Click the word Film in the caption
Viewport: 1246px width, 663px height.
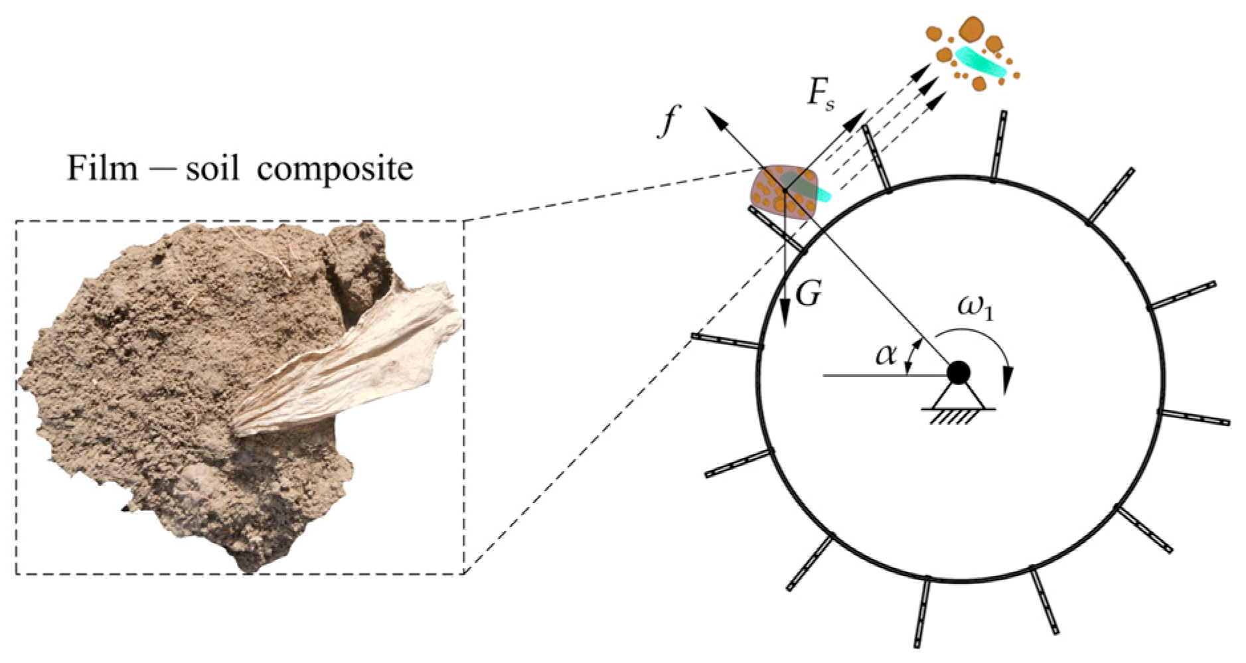click(103, 169)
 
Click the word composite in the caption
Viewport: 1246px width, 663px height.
click(335, 170)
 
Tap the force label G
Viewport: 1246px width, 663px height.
click(808, 292)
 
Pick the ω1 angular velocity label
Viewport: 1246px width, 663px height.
click(975, 308)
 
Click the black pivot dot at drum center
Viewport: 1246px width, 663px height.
click(958, 373)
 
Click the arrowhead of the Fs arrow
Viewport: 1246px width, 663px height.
click(858, 113)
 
